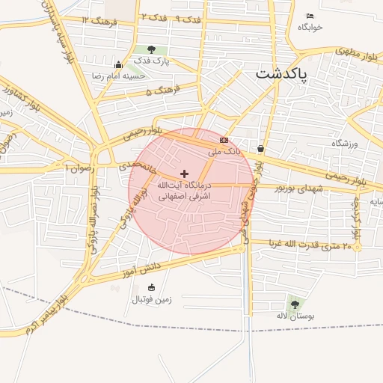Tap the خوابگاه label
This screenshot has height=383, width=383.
[310, 27]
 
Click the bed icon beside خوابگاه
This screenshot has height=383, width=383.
[310, 16]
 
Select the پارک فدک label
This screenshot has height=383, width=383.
[153, 61]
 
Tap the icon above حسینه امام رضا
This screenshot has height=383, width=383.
[118, 64]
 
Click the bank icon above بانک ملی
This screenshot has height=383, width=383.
[224, 140]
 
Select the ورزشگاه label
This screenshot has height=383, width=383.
[346, 142]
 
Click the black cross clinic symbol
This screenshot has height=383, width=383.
[185, 174]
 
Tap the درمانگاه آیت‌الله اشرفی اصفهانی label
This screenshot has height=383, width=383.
[185, 190]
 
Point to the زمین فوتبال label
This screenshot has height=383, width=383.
[152, 299]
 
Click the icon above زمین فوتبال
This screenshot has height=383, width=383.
[152, 288]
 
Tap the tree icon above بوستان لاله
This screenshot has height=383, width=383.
[295, 304]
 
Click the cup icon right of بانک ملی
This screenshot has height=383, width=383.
[260, 148]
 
